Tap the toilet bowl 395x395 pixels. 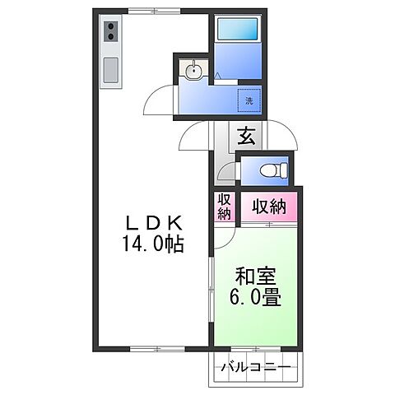point(270,170)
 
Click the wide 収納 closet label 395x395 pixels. point(268,207)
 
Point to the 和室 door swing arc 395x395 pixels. point(224,239)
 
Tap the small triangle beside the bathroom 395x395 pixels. point(216,75)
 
